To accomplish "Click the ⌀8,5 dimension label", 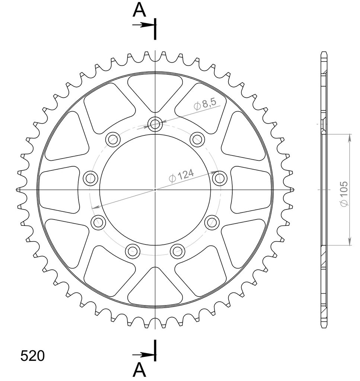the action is [205, 105].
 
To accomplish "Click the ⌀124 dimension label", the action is [181, 176].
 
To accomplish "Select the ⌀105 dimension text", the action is [344, 194].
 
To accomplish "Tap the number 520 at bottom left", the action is [32, 356].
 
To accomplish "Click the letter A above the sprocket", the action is [139, 10].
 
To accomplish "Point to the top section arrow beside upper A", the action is [143, 25].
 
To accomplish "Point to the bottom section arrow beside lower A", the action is [143, 355].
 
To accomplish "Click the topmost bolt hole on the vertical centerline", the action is [155, 124].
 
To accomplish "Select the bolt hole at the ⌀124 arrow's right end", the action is [220, 178].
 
